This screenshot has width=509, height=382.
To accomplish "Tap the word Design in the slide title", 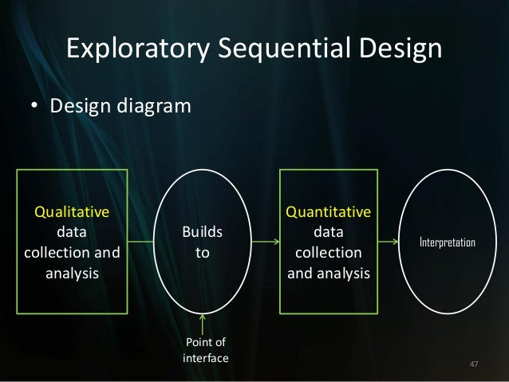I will [x=397, y=49].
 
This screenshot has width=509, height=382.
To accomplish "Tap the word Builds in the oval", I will [x=203, y=232].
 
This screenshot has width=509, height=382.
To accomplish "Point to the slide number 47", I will [x=475, y=364].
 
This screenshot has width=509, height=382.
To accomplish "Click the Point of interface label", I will [x=205, y=351].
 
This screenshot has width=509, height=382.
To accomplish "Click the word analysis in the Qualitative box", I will [x=70, y=274].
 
